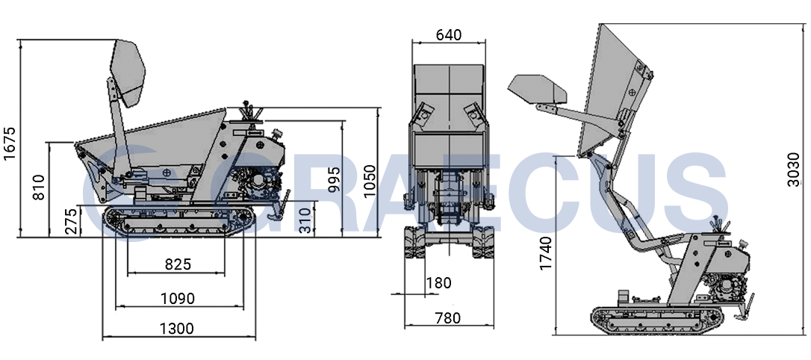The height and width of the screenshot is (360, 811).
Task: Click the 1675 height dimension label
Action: pyautogui.click(x=9, y=143)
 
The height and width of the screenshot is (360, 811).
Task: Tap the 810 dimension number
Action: pyautogui.click(x=39, y=187)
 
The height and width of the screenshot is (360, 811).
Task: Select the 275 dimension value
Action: pyautogui.click(x=73, y=221)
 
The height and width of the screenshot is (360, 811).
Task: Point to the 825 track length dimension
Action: pyautogui.click(x=178, y=264)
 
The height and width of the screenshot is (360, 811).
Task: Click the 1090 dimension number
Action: pyautogui.click(x=178, y=299)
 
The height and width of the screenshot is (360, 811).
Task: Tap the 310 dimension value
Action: pyautogui.click(x=306, y=220)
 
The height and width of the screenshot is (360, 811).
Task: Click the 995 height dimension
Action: pyautogui.click(x=334, y=179)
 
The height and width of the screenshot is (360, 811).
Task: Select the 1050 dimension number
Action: pyautogui.click(x=370, y=181)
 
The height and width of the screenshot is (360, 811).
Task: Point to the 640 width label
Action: pyautogui.click(x=448, y=34)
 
